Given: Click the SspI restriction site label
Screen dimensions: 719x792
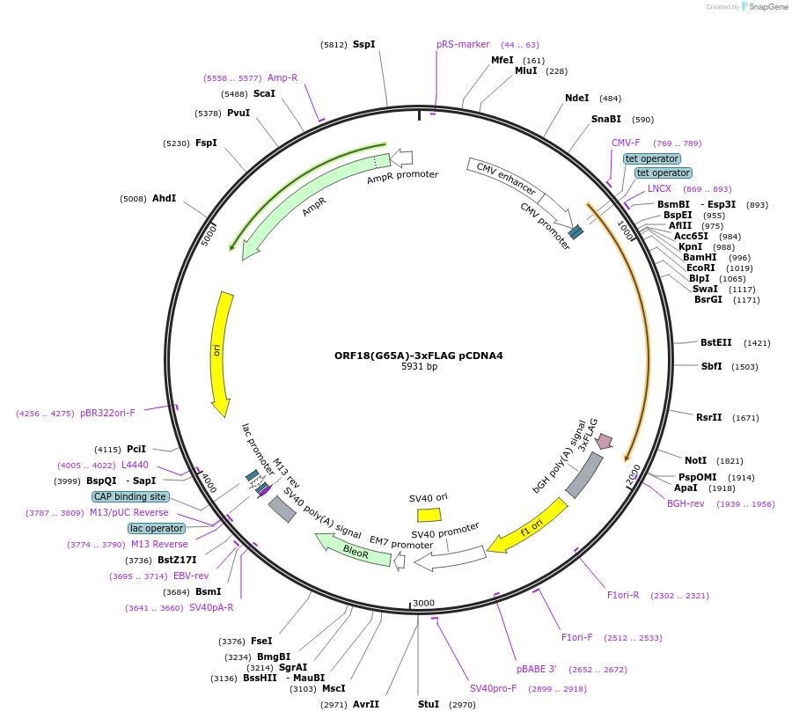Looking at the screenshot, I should (x=363, y=44).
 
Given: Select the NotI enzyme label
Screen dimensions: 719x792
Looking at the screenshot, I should (x=695, y=460).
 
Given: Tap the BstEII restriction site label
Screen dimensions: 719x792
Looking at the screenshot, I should (x=715, y=342).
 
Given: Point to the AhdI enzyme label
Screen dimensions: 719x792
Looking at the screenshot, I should (x=164, y=198).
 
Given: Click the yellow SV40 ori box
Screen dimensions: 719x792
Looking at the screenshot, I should (x=429, y=515).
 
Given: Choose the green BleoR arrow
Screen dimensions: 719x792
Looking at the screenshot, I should (x=356, y=551).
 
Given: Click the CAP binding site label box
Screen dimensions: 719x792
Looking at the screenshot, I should (x=129, y=496).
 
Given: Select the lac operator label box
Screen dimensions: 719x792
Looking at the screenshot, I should (x=157, y=528).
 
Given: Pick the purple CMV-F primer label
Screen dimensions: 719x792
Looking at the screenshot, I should (x=626, y=143).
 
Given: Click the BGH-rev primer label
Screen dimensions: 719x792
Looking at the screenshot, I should (x=686, y=503).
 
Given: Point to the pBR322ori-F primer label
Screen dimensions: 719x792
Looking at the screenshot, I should (x=107, y=413).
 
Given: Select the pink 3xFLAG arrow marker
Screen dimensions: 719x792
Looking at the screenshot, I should (x=604, y=440).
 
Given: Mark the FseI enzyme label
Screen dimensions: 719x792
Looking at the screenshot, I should (x=261, y=641).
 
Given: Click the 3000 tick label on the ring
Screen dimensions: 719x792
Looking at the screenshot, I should (x=423, y=603).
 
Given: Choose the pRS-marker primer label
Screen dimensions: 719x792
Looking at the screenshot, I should (x=463, y=44).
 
